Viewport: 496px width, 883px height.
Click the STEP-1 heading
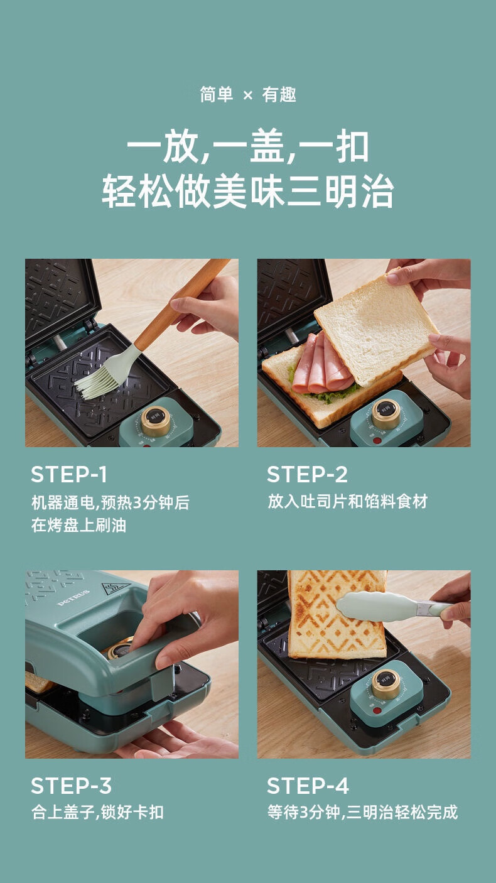point(68,474)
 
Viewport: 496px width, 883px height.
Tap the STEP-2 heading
point(307,474)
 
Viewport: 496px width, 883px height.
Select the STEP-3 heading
point(71,786)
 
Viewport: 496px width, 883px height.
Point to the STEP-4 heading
point(308,786)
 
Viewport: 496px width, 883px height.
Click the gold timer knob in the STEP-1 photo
point(156,420)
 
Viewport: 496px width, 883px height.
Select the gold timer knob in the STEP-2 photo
point(386,414)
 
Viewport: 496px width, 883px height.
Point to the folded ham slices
point(321,365)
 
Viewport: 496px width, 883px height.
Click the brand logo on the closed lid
point(73,598)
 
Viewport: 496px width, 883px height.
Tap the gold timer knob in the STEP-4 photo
point(385,685)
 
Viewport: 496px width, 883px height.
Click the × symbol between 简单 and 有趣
point(248,95)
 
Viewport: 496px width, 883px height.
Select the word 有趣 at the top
point(279,95)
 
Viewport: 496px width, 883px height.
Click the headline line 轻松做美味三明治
point(248,192)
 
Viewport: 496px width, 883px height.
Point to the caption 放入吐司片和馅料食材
point(347,501)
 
